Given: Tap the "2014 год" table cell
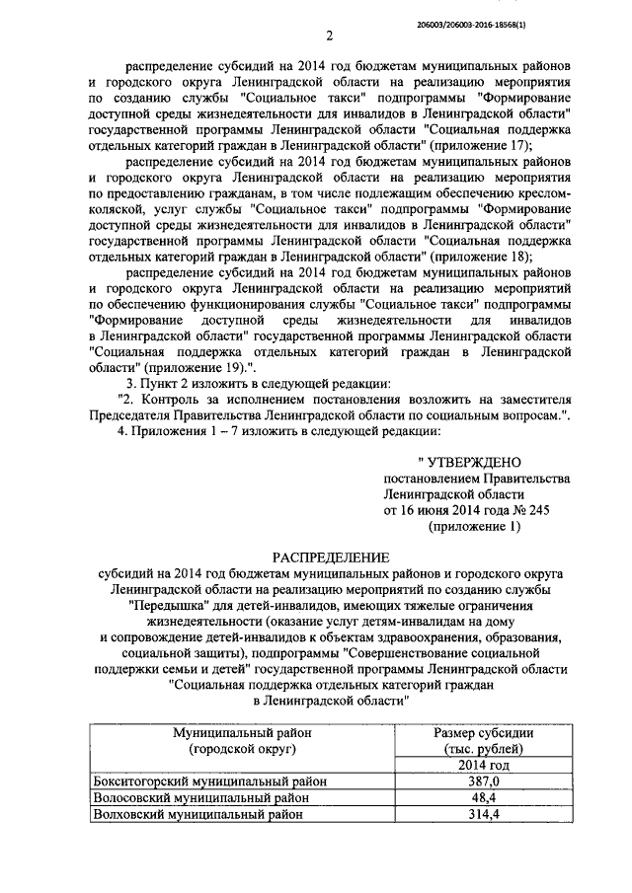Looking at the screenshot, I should click(484, 765).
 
